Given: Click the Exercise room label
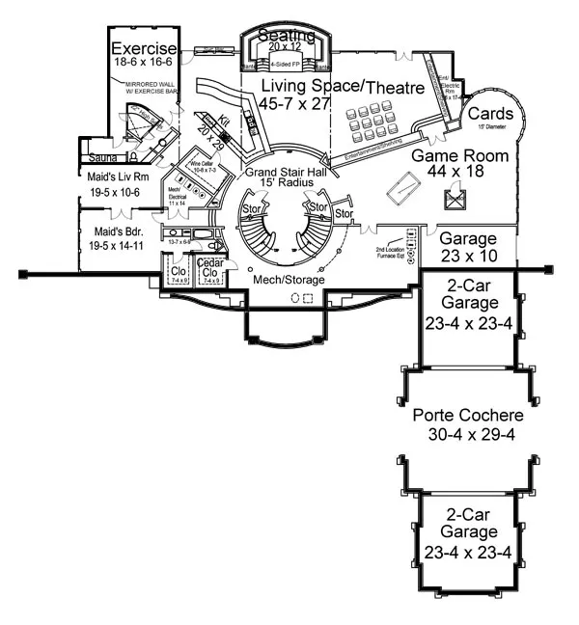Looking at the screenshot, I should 144,49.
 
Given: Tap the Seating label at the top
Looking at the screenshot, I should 286,36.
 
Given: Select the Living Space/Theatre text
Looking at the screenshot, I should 343,88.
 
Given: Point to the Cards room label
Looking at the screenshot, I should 490,114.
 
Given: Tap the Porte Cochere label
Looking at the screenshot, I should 467,416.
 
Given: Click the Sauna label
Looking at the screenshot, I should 102,156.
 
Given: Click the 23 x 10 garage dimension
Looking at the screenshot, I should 467,256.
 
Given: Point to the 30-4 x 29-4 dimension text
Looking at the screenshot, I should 467,434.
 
